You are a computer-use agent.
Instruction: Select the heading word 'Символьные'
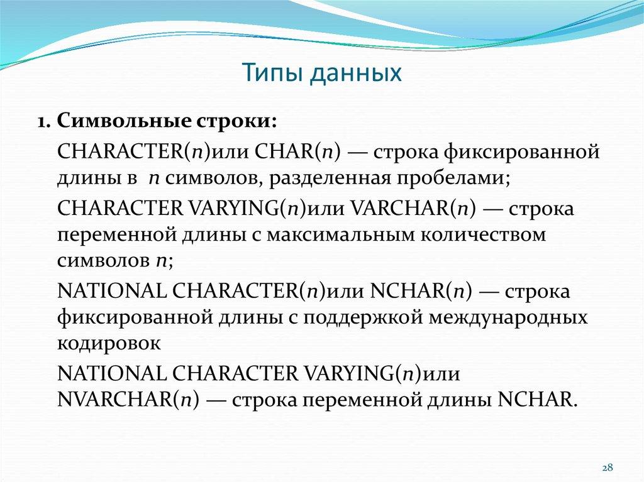(114, 121)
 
